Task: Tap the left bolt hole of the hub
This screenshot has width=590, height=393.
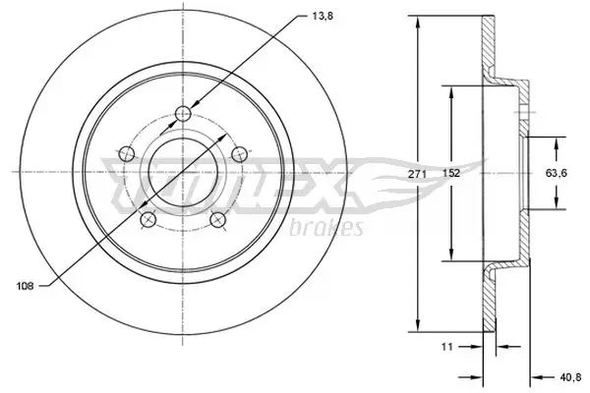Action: [x=125, y=153]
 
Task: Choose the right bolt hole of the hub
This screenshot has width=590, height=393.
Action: [x=237, y=153]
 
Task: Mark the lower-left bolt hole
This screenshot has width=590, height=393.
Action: [x=147, y=220]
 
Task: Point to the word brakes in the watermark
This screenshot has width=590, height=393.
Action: [x=326, y=229]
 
